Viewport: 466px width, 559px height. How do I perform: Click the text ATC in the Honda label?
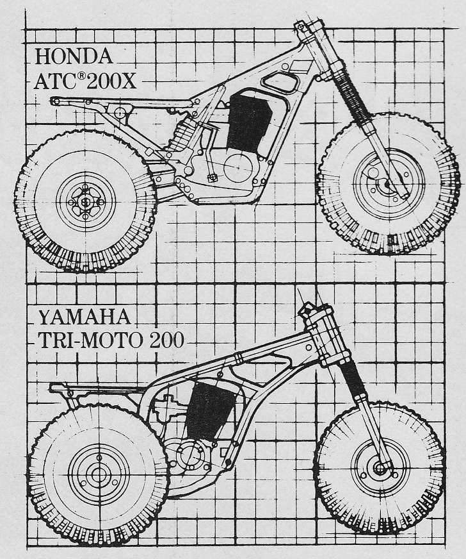click(54, 81)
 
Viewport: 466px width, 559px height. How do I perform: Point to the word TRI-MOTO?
click(90, 340)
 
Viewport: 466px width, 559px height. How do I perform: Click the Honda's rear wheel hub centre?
click(86, 202)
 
